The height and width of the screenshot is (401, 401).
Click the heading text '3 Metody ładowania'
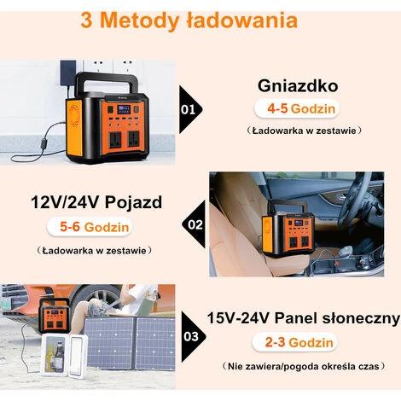pos(189,20)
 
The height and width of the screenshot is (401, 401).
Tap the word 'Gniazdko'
pos(298,85)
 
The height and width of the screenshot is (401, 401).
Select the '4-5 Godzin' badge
pos(297,108)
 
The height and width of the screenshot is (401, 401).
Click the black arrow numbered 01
pos(190,109)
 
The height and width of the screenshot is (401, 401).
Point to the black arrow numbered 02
pos(194,224)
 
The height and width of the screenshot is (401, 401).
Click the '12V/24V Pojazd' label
pos(96,202)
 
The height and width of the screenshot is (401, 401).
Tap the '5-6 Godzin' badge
pos(90,227)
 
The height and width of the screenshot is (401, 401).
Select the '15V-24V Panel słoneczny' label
pos(304,318)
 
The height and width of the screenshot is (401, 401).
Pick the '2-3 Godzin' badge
pos(294,342)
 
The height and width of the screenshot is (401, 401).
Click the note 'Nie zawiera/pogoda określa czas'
pos(304,366)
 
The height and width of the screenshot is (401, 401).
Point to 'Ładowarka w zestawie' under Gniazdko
pos(304,131)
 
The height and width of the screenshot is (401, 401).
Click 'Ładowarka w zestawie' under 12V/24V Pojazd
pos(94,251)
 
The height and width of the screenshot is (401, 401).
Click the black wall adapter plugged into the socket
pos(68,73)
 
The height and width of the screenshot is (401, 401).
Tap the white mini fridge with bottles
pos(63,356)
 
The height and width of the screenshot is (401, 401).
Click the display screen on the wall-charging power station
pos(124,109)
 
